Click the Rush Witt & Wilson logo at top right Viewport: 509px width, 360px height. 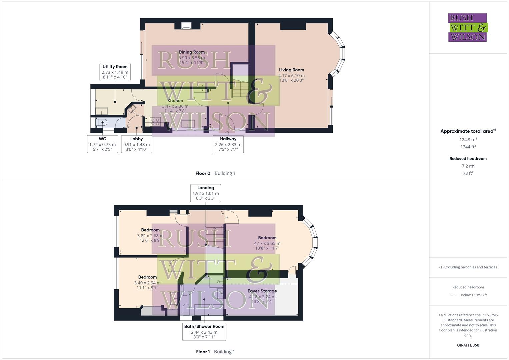(467, 27)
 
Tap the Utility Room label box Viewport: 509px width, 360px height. (115, 72)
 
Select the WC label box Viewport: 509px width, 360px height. (102, 144)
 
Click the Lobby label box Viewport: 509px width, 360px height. (136, 144)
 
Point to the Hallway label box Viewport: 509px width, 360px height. (228, 144)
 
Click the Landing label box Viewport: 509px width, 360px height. (206, 193)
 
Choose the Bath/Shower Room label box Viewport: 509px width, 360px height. (204, 332)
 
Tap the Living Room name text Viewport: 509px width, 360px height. (291, 70)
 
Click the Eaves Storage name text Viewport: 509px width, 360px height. (262, 291)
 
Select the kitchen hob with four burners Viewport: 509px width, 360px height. (155, 122)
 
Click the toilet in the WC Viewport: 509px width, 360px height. (101, 122)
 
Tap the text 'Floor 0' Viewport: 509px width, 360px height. (203, 173)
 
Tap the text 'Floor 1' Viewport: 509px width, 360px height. (203, 352)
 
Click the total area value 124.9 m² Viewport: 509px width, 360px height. (468, 140)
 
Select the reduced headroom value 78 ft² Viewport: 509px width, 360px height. (468, 173)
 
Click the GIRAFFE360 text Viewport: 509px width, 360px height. (468, 345)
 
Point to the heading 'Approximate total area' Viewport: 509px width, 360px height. (467, 131)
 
